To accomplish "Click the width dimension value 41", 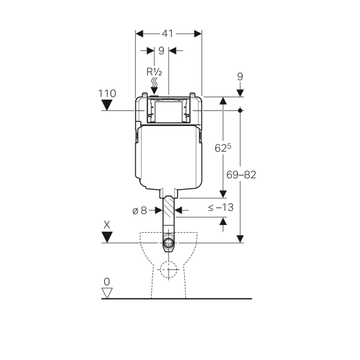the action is pyautogui.click(x=167, y=34).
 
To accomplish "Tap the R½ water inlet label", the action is pyautogui.click(x=154, y=72).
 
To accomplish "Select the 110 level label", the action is pyautogui.click(x=107, y=94).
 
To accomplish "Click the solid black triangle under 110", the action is pyautogui.click(x=107, y=105).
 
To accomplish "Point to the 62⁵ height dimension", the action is pyautogui.click(x=223, y=148).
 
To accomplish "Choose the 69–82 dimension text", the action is pyautogui.click(x=241, y=175).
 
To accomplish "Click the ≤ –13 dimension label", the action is pyautogui.click(x=221, y=208).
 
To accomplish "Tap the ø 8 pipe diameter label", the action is pyautogui.click(x=140, y=210).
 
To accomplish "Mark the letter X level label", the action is pyautogui.click(x=107, y=225).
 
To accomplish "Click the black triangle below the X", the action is pyautogui.click(x=107, y=237).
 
